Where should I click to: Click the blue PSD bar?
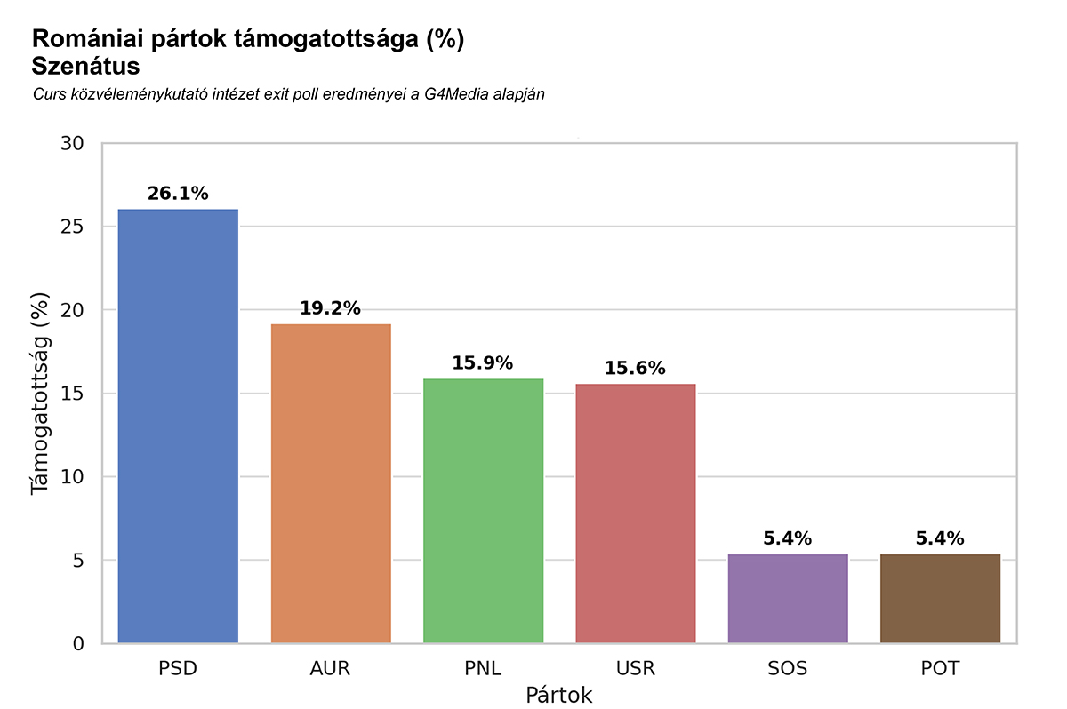click(178, 426)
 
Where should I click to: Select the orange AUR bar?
click(331, 484)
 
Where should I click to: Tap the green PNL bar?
click(483, 511)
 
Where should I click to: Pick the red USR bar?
click(635, 514)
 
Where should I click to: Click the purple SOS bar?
click(788, 599)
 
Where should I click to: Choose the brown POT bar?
click(940, 599)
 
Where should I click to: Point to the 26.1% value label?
click(178, 194)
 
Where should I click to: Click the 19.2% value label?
click(331, 308)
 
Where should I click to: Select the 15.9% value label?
click(483, 363)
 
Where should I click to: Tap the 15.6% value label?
click(635, 369)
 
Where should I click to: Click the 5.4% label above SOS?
click(788, 538)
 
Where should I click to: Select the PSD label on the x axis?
click(178, 669)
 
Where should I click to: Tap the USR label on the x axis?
click(635, 669)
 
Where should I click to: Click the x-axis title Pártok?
click(558, 695)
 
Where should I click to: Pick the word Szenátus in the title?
click(85, 66)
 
